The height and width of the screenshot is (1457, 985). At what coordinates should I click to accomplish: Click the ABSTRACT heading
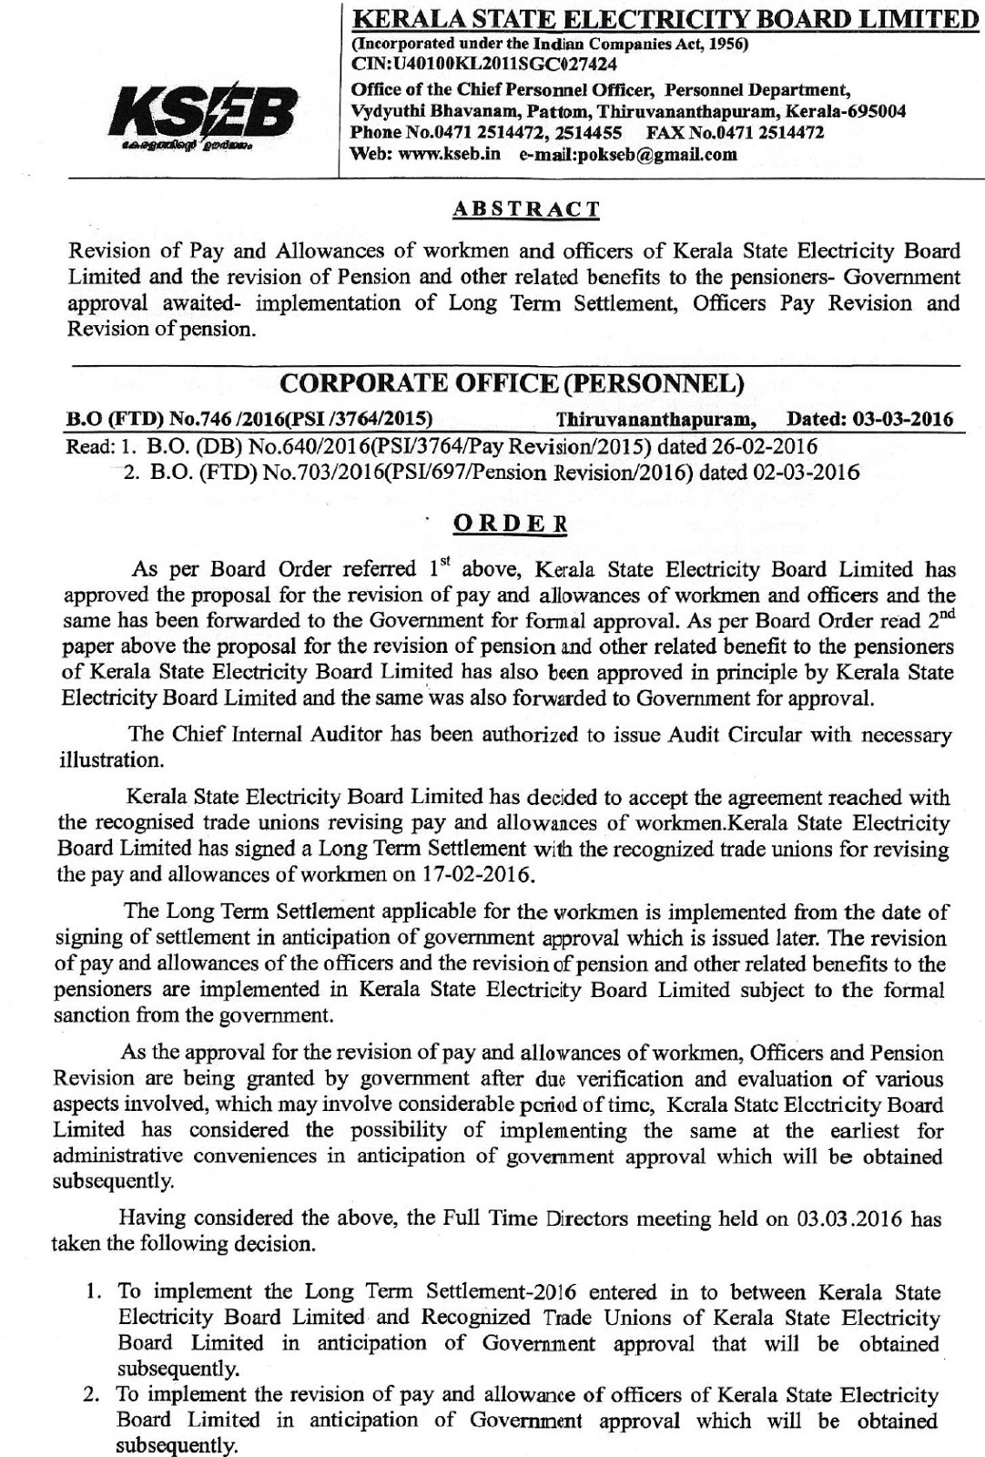(526, 209)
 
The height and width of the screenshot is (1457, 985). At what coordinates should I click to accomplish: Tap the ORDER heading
(510, 526)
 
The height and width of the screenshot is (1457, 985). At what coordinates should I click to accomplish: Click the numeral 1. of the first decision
(101, 1292)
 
